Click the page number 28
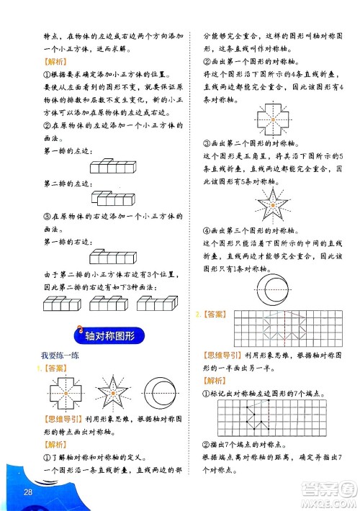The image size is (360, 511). (x=29, y=492)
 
